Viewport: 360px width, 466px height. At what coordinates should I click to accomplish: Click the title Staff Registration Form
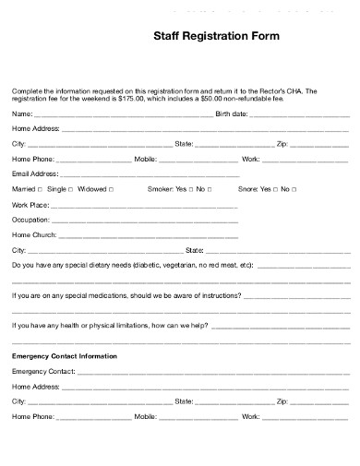click(x=213, y=38)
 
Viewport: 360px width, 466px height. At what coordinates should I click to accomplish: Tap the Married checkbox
click(x=40, y=189)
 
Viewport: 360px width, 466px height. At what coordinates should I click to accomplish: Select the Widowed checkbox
click(x=112, y=189)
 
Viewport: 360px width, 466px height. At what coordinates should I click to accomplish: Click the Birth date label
click(x=231, y=114)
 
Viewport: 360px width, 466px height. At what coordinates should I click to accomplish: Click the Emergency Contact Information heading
click(x=65, y=355)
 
